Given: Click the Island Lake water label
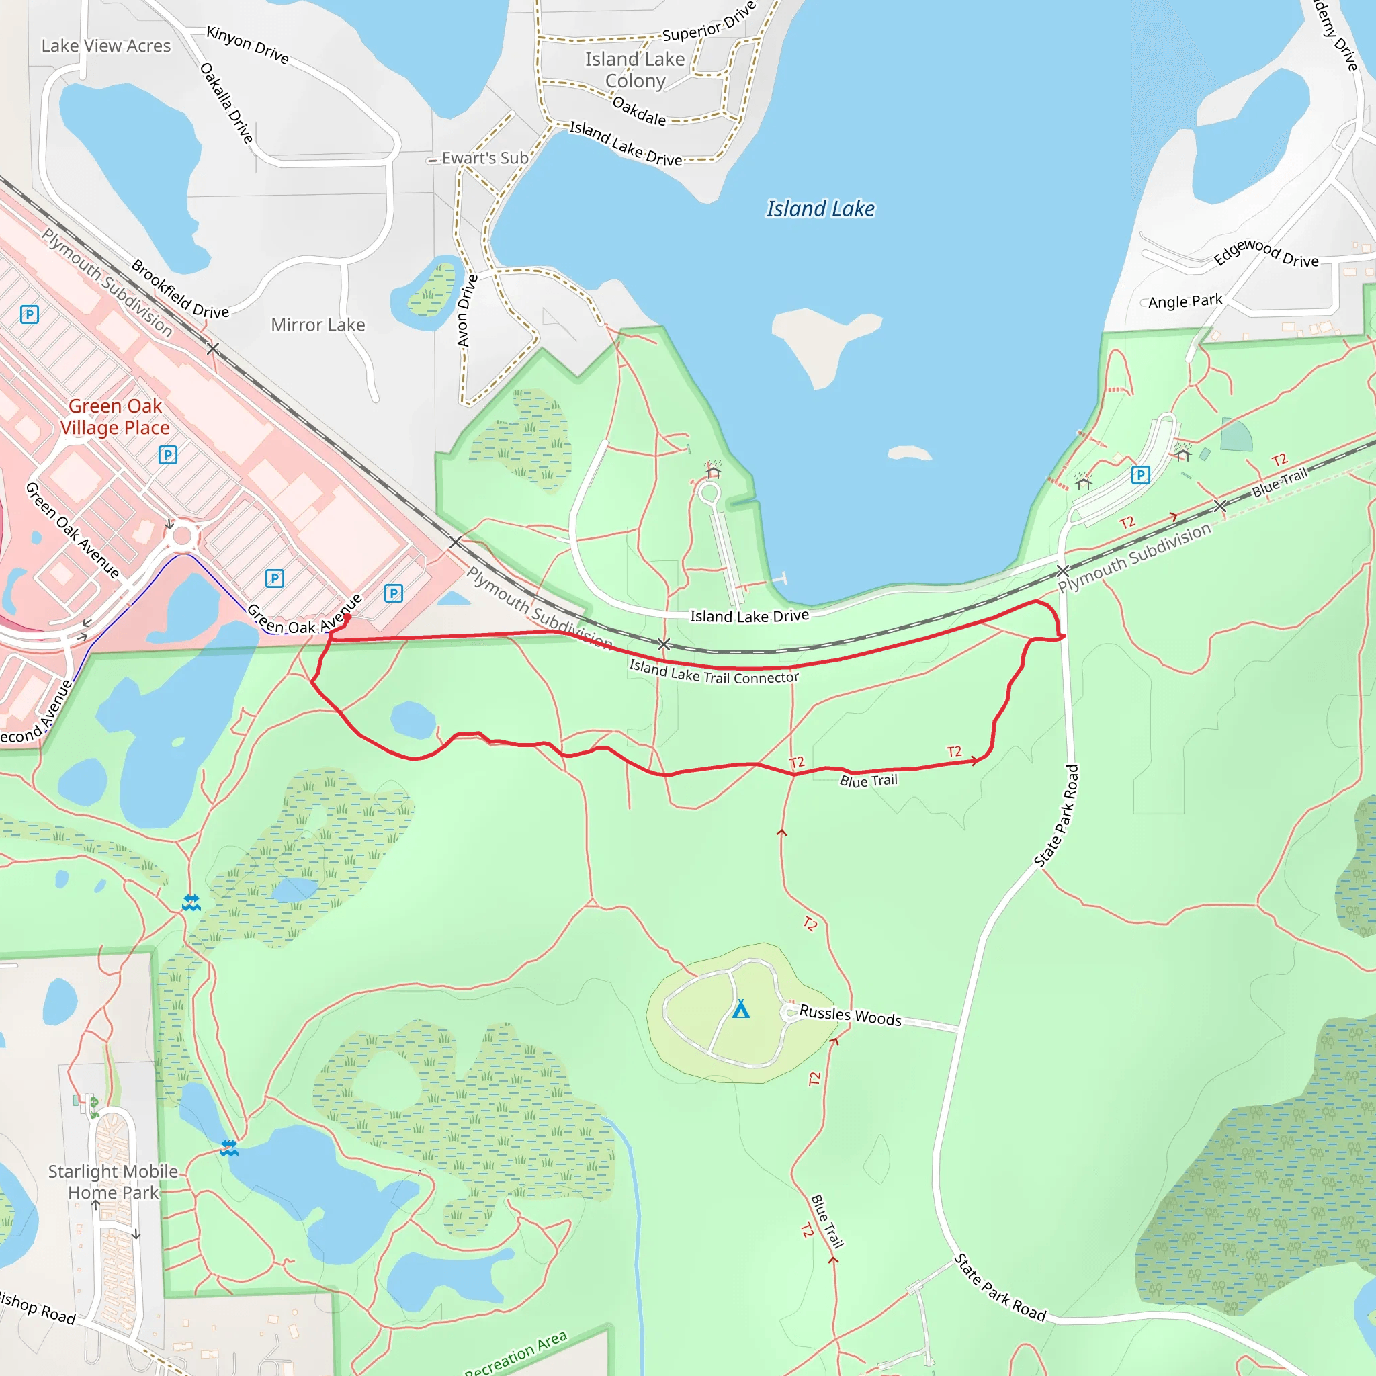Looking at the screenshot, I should [x=820, y=209].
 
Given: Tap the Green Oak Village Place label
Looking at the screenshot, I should [x=115, y=417].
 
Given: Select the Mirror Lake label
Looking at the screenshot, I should [x=318, y=325].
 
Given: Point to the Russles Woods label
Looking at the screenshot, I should [x=851, y=1016].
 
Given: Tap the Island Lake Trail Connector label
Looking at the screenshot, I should [x=714, y=672].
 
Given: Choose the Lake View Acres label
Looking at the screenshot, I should [x=106, y=46].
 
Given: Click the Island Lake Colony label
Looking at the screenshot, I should [x=636, y=70].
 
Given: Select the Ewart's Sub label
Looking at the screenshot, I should [x=485, y=158].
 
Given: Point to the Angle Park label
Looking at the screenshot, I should [x=1185, y=301].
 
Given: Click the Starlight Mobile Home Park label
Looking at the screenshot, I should [x=114, y=1182].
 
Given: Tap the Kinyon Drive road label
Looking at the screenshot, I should [x=248, y=44].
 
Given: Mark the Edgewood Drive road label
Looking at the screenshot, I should [x=1266, y=253].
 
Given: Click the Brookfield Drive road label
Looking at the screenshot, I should [x=180, y=290].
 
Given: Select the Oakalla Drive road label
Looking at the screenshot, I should [x=226, y=103].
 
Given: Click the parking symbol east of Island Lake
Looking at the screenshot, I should [x=1140, y=475].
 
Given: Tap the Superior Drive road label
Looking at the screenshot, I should [x=709, y=23].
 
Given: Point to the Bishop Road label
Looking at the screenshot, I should [x=37, y=1307].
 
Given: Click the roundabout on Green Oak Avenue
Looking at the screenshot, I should [x=182, y=535].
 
